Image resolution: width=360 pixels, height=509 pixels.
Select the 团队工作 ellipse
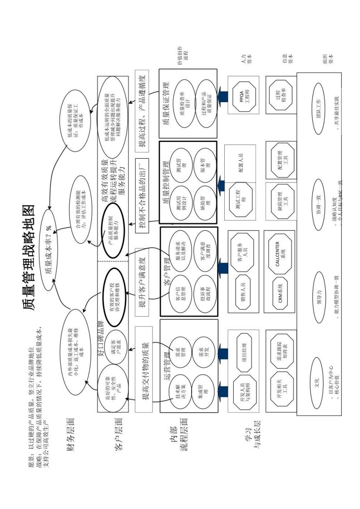click(319, 108)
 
